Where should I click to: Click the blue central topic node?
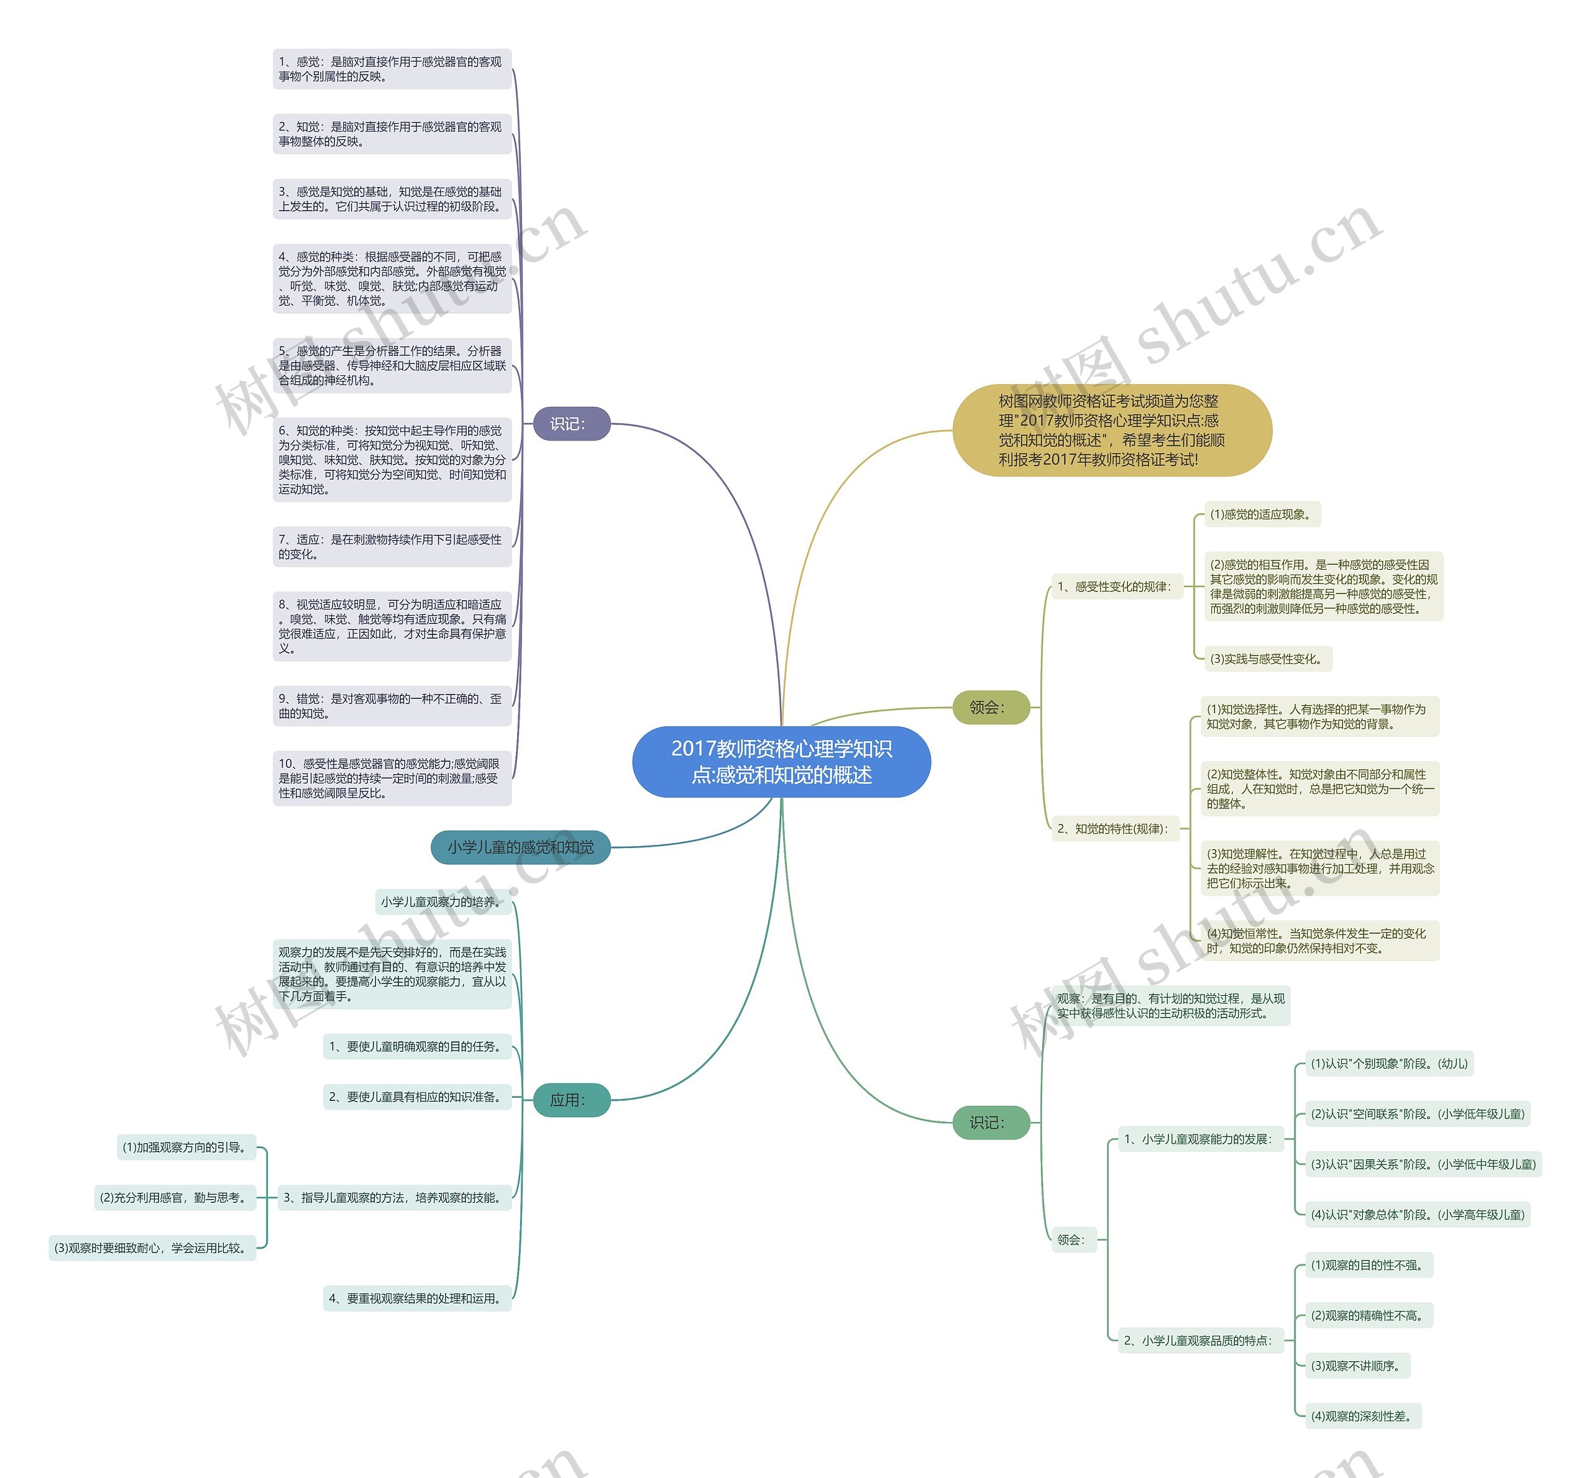781,762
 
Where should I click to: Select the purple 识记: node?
571,424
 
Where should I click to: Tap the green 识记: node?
990,1123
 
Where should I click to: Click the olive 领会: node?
990,707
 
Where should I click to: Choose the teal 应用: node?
571,1100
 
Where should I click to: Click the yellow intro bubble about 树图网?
1112,431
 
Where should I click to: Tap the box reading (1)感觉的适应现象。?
1262,514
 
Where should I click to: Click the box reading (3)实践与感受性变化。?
1268,659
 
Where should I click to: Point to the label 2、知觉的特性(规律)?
1115,829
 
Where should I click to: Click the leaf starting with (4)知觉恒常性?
1320,941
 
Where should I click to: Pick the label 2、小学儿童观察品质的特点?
1201,1341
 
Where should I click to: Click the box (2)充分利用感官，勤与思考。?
175,1198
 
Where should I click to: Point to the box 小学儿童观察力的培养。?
443,902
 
